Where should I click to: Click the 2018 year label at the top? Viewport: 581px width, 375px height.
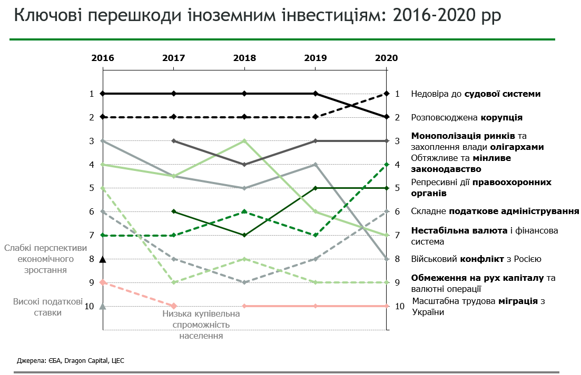[x=244, y=58]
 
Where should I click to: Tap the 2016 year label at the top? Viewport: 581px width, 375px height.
[x=103, y=58]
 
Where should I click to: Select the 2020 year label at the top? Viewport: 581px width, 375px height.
[x=386, y=58]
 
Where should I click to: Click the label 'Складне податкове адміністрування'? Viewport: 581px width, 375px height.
[x=495, y=211]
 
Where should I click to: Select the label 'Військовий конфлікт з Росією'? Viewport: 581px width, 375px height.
[x=476, y=259]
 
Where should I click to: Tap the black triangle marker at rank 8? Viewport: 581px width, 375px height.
[x=103, y=258]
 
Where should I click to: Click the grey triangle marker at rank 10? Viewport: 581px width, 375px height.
[x=103, y=306]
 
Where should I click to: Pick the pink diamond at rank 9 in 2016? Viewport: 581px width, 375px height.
[x=103, y=282]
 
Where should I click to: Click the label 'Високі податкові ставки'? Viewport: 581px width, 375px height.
[x=47, y=307]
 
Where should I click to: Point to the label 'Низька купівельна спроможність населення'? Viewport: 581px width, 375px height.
[x=200, y=325]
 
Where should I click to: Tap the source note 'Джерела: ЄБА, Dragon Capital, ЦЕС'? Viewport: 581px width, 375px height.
[x=71, y=361]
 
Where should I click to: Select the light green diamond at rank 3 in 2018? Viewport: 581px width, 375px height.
[x=244, y=141]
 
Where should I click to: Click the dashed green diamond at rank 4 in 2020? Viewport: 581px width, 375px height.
[x=387, y=165]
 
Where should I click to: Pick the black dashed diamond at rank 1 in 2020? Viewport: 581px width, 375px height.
[x=387, y=94]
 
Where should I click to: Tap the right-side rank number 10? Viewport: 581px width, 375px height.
[x=400, y=306]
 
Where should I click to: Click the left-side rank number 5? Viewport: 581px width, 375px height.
[x=91, y=188]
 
